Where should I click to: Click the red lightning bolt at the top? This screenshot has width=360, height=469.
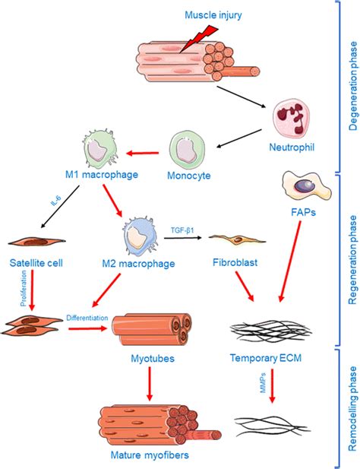click(199, 38)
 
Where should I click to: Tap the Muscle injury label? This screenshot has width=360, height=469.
click(213, 15)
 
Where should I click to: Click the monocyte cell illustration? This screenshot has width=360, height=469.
click(188, 149)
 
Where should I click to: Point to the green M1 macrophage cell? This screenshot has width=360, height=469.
click(99, 149)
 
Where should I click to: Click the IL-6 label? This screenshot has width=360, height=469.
click(56, 201)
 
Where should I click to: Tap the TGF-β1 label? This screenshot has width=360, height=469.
click(182, 230)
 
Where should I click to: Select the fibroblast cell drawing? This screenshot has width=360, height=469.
click(237, 239)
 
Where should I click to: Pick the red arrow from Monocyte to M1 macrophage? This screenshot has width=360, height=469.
click(143, 154)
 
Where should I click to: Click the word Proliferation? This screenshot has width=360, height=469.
click(24, 288)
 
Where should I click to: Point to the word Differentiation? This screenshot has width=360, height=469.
click(87, 318)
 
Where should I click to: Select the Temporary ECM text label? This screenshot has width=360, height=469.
click(266, 358)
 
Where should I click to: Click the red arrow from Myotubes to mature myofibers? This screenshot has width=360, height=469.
click(150, 384)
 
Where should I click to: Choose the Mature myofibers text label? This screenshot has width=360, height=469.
click(150, 455)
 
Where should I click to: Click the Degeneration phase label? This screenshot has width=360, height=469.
click(353, 86)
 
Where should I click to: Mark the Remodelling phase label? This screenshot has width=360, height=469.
click(353, 409)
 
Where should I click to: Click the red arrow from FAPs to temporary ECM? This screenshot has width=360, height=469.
click(290, 261)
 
